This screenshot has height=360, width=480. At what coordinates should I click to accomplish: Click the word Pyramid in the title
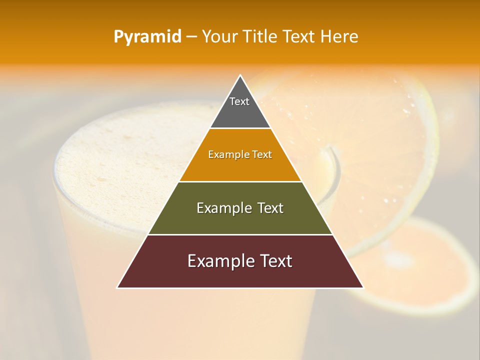(147, 37)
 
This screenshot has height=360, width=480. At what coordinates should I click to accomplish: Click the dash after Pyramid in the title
(191, 37)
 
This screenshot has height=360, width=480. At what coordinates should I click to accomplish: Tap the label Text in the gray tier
(239, 101)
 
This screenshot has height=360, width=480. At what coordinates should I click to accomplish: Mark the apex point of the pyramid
(240, 76)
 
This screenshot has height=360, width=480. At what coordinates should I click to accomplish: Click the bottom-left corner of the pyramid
(118, 287)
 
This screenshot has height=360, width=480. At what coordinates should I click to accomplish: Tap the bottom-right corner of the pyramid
(362, 287)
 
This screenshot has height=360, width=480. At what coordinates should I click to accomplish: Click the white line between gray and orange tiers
(240, 128)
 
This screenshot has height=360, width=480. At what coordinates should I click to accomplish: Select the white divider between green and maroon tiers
(240, 234)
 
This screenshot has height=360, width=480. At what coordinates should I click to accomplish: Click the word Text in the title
(299, 37)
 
